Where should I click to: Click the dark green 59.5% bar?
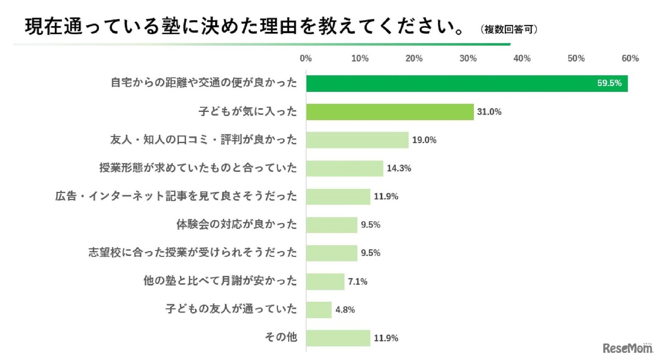pyautogui.click(x=467, y=84)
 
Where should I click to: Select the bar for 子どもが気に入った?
pyautogui.click(x=390, y=112)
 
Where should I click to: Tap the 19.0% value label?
pyautogui.click(x=424, y=140)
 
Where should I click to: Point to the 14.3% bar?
pyautogui.click(x=344, y=168)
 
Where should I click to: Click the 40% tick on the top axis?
pyautogui.click(x=522, y=59)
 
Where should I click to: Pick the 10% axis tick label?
pyautogui.click(x=360, y=59)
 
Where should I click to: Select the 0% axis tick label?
pyautogui.click(x=306, y=59)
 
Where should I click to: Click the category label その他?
pyautogui.click(x=281, y=338)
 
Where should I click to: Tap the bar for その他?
pyautogui.click(x=338, y=338)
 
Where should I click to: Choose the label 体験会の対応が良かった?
pyautogui.click(x=237, y=225)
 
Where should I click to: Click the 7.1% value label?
pyautogui.click(x=357, y=282)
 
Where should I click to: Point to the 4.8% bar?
pyautogui.click(x=319, y=309)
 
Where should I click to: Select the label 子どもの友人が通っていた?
pyautogui.click(x=232, y=309)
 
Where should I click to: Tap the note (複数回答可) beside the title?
pyautogui.click(x=509, y=30)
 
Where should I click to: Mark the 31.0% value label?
pyautogui.click(x=489, y=112)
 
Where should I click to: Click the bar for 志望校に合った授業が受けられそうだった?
pyautogui.click(x=332, y=253)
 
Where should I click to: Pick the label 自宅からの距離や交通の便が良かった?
pyautogui.click(x=204, y=84)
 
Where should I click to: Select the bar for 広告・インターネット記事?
pyautogui.click(x=338, y=197)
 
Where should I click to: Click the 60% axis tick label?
pyautogui.click(x=630, y=59)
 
